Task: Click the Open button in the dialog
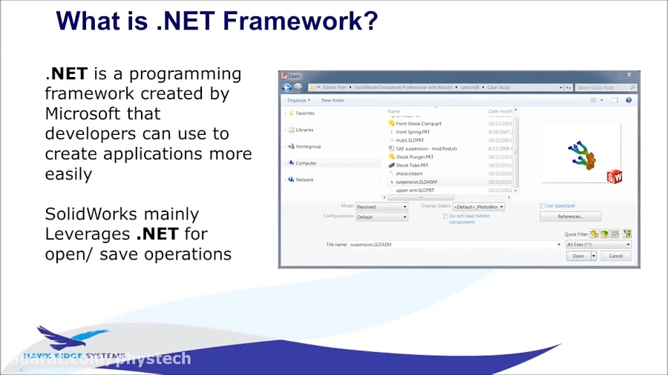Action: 578,256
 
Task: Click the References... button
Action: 570,216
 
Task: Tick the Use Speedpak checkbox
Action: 543,206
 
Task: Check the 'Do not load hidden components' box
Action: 445,216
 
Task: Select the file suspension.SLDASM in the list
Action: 416,182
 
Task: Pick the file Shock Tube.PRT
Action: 412,165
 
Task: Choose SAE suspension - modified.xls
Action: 426,148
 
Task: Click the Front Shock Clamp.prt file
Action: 418,124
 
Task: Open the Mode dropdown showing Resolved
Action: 382,207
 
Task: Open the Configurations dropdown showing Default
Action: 382,217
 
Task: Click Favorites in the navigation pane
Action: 304,113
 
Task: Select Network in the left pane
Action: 304,179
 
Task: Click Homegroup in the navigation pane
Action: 308,147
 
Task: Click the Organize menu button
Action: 298,100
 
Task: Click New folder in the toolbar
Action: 333,100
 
